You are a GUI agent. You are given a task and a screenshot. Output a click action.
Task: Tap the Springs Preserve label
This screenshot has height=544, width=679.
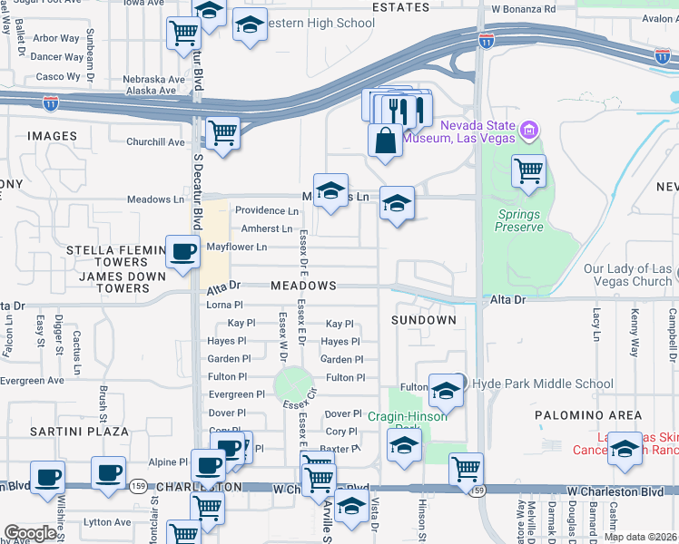[x=518, y=220]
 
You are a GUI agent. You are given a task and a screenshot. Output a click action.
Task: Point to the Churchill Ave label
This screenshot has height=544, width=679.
[x=155, y=141]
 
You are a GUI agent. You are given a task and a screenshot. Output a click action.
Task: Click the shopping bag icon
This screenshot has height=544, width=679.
[x=386, y=141]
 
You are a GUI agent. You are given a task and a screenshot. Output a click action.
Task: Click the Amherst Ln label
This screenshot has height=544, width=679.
[x=266, y=228]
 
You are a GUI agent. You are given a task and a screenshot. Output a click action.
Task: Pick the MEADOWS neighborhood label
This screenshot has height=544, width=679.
[x=302, y=286]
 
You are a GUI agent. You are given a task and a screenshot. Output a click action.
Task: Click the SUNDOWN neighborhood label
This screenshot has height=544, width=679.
[x=423, y=320]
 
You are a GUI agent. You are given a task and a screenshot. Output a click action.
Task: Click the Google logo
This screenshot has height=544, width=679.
[x=30, y=532]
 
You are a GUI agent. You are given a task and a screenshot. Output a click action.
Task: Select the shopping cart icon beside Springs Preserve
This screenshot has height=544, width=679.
[x=528, y=170]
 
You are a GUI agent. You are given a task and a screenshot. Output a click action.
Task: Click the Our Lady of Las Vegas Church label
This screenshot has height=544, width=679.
[x=627, y=276]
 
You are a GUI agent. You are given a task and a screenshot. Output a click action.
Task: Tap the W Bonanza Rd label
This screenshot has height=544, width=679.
[x=523, y=9]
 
